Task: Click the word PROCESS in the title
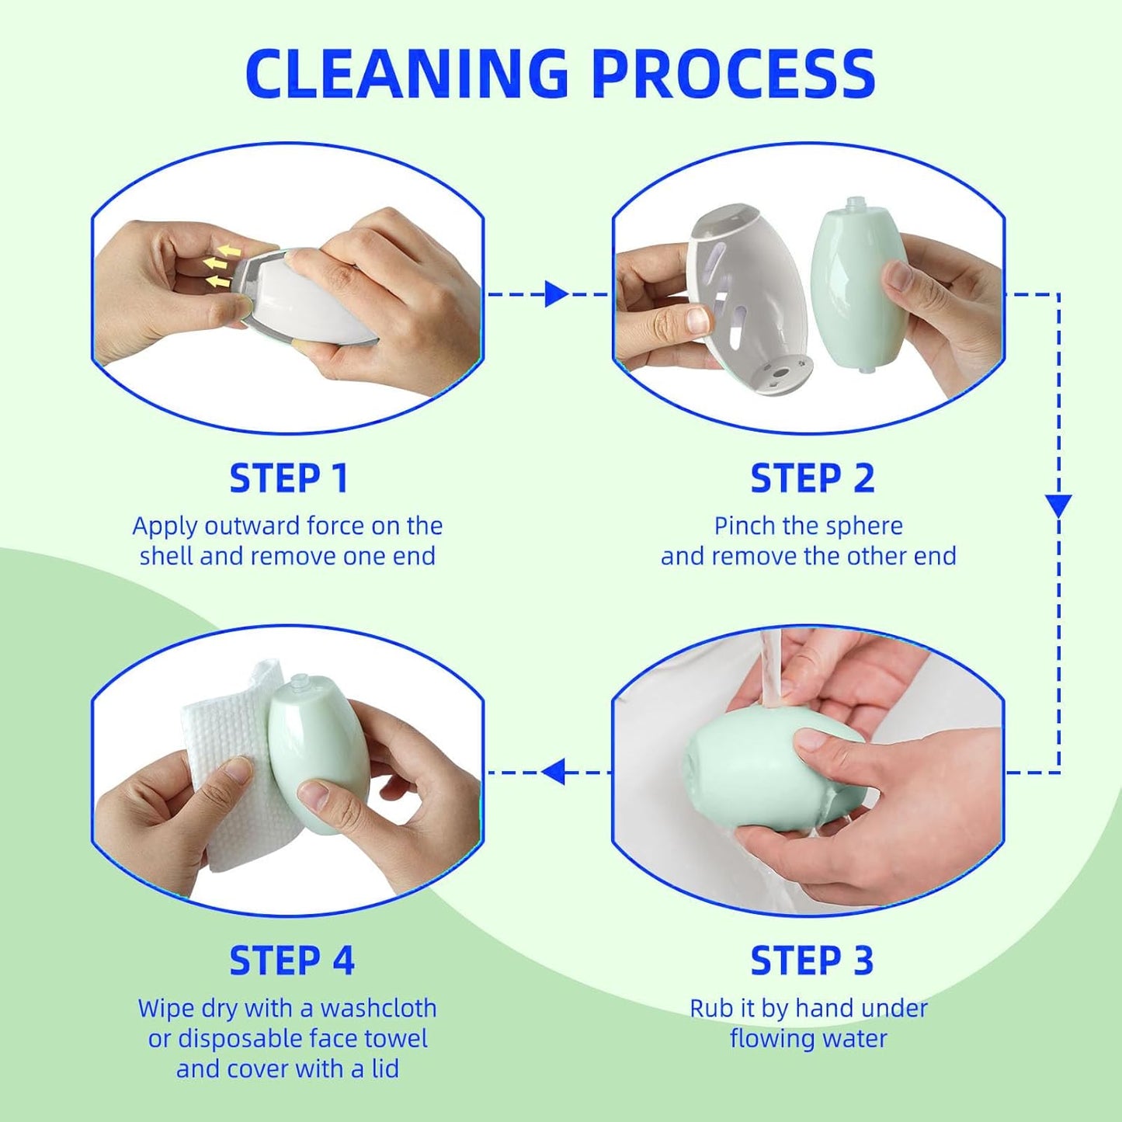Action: [733, 74]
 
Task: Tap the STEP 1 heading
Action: [288, 478]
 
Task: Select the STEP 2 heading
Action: [811, 478]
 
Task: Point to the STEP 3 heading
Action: [811, 960]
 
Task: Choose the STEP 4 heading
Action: [291, 960]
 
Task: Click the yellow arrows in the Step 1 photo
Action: [221, 265]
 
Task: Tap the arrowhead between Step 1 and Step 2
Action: [555, 294]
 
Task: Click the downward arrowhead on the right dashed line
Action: [1058, 505]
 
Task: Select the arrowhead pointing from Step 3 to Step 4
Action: [553, 772]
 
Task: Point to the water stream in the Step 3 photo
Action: [772, 668]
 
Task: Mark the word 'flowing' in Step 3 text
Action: [765, 1038]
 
